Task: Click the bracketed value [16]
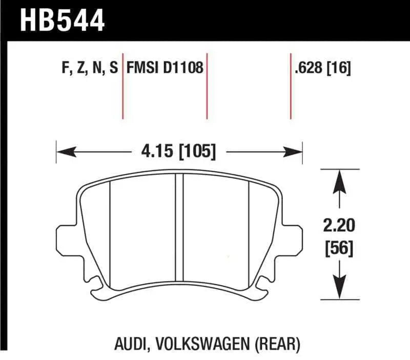[x=340, y=68]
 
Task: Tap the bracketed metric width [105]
[x=198, y=152]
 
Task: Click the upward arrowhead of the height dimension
[x=337, y=181]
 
